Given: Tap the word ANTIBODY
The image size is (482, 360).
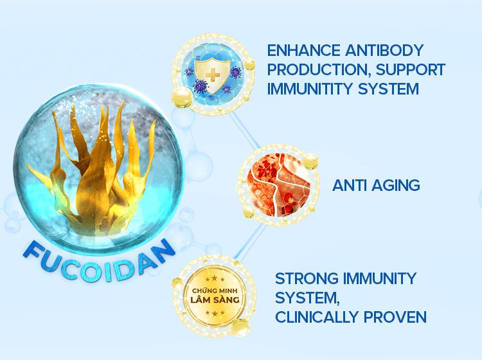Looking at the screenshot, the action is coord(384,51).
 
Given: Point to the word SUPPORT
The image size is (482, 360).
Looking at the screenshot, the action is coord(411,70).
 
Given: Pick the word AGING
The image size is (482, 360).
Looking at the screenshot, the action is coord(396,185).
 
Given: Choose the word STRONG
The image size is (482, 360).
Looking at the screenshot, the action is coord(307,279).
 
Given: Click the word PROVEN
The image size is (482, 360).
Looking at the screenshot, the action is coord(395,318).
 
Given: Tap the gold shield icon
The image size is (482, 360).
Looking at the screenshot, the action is coord(213,76).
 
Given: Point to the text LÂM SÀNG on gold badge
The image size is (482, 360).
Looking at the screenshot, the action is coord(215,300).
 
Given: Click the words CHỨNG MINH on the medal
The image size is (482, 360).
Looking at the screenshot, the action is coord(215,290).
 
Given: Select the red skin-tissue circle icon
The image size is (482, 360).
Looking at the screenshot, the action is coord(279,184).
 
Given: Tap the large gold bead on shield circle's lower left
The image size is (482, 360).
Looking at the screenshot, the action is coord(182,98).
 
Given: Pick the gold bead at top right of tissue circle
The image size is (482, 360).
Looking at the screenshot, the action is coord(310,161).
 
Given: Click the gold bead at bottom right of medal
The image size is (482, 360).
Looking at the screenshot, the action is coord(241,327).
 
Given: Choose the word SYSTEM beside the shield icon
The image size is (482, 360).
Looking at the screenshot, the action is coord(388,89).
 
